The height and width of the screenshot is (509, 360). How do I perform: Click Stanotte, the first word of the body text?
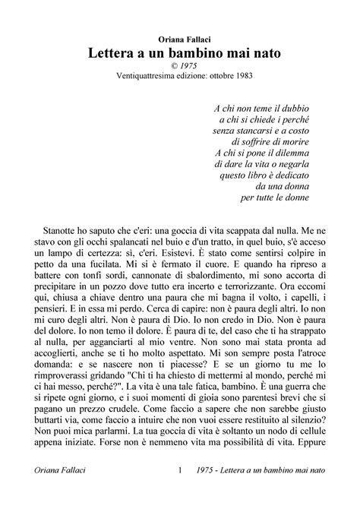(57, 228)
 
